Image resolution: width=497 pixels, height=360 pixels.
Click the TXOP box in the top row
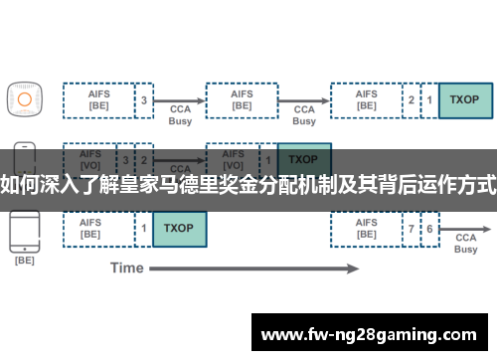pyautogui.click(x=465, y=100)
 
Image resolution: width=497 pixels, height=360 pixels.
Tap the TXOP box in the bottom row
pyautogui.click(x=180, y=228)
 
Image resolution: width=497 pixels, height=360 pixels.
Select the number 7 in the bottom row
pyautogui.click(x=412, y=229)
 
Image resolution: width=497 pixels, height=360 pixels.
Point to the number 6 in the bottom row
pyautogui.click(x=429, y=229)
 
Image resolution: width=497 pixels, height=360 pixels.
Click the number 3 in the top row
pyautogui.click(x=144, y=100)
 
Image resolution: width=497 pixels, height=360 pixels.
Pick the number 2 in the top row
pyautogui.click(x=412, y=100)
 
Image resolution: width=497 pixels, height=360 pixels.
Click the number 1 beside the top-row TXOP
pyautogui.click(x=429, y=100)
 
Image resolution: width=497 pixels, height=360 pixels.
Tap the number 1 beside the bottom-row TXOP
pyautogui.click(x=144, y=228)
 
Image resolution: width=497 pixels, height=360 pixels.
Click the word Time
pyautogui.click(x=126, y=268)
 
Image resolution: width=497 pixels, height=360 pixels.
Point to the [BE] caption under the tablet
pyautogui.click(x=24, y=261)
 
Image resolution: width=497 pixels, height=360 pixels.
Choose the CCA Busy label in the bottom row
pyautogui.click(x=466, y=244)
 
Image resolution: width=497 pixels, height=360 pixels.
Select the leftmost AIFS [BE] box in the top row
pyautogui.click(x=99, y=100)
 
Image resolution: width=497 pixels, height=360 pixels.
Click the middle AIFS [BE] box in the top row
pyautogui.click(x=242, y=100)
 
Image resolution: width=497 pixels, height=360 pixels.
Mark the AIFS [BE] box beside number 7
pyautogui.click(x=367, y=229)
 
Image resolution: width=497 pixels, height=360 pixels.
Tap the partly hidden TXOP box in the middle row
pyautogui.click(x=303, y=158)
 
